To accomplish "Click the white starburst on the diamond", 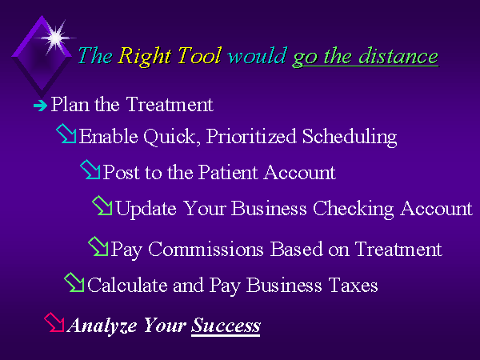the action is pyautogui.click(x=55, y=38).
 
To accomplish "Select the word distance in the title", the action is pyautogui.click(x=398, y=56).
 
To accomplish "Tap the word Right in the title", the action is pyautogui.click(x=145, y=57).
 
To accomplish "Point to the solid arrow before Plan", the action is pyautogui.click(x=41, y=106).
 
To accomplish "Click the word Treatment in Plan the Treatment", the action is pyautogui.click(x=170, y=104).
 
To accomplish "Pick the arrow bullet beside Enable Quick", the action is pyautogui.click(x=66, y=133).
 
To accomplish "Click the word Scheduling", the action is pyautogui.click(x=350, y=137).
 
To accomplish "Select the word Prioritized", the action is pyautogui.click(x=251, y=137).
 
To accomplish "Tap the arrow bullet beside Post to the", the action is pyautogui.click(x=90, y=170).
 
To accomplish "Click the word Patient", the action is pyautogui.click(x=228, y=172).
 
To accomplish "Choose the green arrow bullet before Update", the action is pyautogui.click(x=102, y=206).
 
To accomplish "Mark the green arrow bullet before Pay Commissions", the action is pyautogui.click(x=98, y=246).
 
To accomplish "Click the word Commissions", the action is pyautogui.click(x=206, y=249).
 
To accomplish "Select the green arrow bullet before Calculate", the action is pyautogui.click(x=74, y=282).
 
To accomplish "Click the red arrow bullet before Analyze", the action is pyautogui.click(x=54, y=322).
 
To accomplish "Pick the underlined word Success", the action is pyautogui.click(x=226, y=326).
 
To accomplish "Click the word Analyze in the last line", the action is pyautogui.click(x=102, y=326).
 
